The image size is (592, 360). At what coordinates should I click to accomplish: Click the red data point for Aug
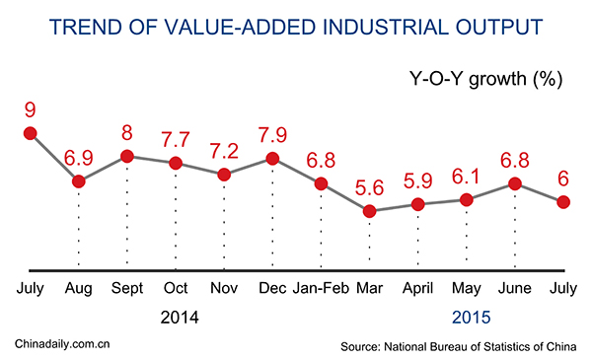tap(78, 181)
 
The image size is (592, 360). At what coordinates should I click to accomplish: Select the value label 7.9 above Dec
tap(272, 131)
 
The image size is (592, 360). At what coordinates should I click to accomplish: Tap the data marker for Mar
tap(370, 211)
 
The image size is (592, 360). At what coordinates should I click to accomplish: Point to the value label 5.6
tap(370, 185)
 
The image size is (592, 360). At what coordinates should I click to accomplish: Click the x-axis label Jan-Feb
tap(321, 289)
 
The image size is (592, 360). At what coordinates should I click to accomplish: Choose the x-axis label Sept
tap(126, 289)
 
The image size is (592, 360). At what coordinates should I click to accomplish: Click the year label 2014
tap(178, 318)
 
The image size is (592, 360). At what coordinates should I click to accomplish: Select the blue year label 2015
tap(470, 318)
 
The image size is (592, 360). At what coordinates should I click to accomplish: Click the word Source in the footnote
tap(361, 346)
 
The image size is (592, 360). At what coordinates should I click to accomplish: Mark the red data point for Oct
tap(176, 163)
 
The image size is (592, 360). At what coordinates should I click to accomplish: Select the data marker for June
tap(515, 183)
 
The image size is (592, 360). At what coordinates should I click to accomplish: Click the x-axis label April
tap(418, 289)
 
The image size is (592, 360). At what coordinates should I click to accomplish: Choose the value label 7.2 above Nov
tap(224, 149)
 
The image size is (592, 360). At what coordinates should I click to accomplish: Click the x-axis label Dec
tap(272, 289)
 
